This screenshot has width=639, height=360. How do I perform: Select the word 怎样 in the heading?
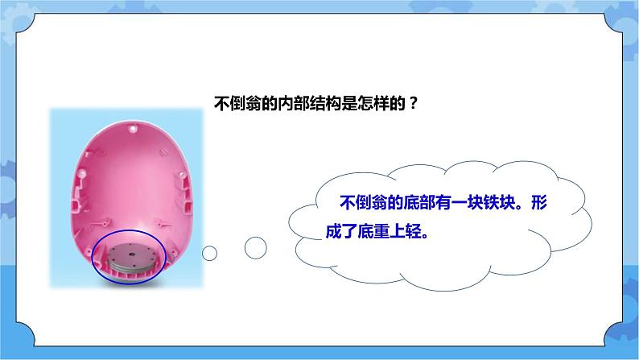click(371, 104)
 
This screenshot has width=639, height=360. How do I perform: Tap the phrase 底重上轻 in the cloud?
click(395, 227)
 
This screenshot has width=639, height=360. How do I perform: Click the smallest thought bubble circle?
click(210, 254)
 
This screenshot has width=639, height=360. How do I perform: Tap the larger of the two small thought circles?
click(255, 248)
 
